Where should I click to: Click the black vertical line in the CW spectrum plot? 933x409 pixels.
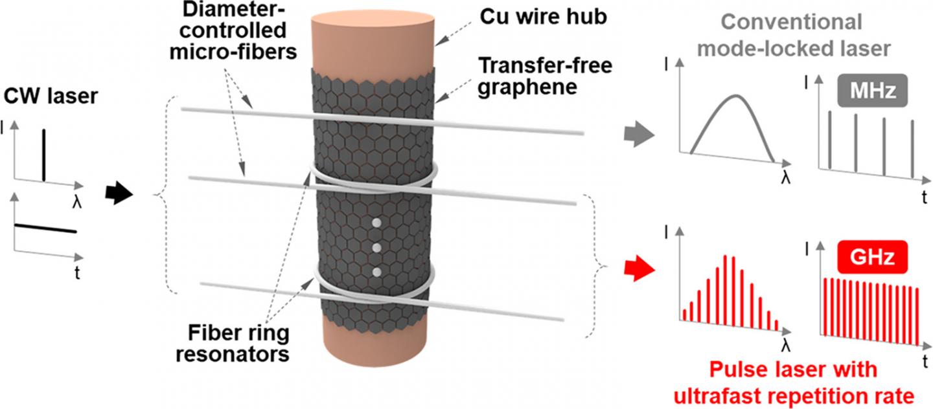point(44,155)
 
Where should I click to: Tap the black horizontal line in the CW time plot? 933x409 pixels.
point(45,228)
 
